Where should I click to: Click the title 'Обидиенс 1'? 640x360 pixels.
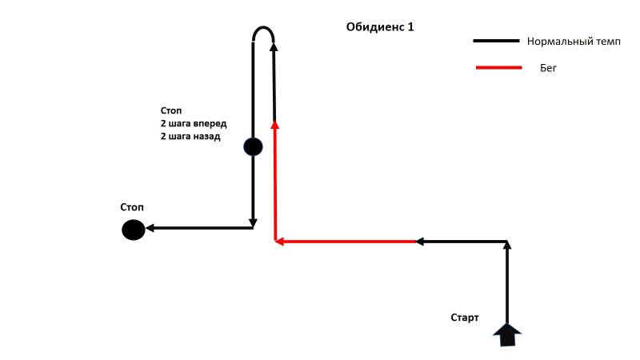tap(380, 27)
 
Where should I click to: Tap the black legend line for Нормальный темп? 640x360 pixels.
tap(496, 41)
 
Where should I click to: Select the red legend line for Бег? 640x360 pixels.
tap(498, 67)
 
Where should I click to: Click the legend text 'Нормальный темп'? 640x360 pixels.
tap(574, 42)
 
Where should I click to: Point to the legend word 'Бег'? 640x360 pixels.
tap(548, 68)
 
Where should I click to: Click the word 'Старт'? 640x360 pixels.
tap(465, 318)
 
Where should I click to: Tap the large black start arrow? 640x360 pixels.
tap(507, 335)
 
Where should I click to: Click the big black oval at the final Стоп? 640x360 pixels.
tap(134, 230)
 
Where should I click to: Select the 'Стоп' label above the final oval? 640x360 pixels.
tap(132, 207)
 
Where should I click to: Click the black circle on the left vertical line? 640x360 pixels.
tap(253, 147)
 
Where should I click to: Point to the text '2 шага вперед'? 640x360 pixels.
tap(194, 123)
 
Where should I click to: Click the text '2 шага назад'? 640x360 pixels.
tap(190, 136)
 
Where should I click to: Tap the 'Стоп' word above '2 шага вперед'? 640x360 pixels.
tap(171, 110)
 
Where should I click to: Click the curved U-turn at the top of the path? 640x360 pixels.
tap(263, 28)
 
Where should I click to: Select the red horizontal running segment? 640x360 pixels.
tap(346, 242)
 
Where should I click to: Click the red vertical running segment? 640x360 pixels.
tap(275, 182)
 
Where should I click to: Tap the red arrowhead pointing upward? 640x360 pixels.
tap(275, 125)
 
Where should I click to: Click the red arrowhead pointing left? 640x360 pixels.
tap(279, 242)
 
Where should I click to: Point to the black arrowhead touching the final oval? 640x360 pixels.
tap(150, 228)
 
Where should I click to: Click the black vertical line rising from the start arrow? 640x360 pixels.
tap(507, 283)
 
